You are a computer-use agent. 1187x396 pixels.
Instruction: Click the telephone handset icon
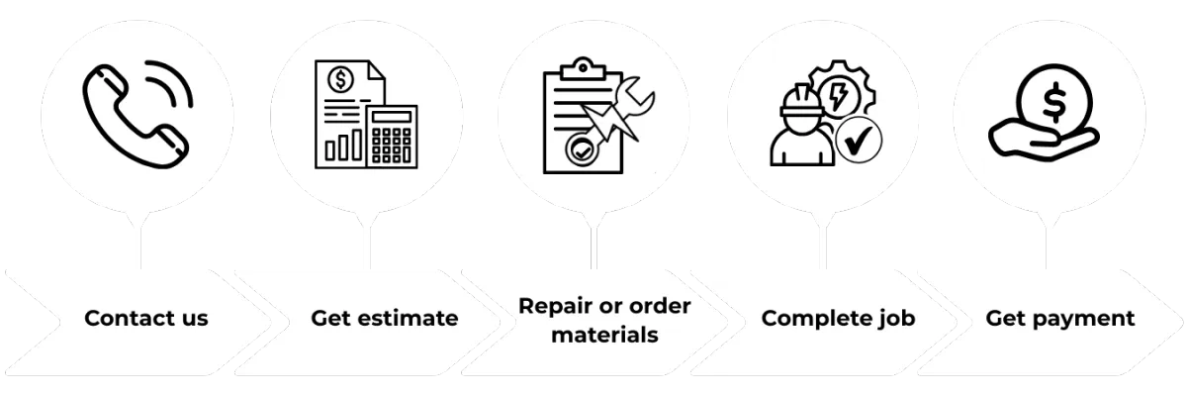(129, 111)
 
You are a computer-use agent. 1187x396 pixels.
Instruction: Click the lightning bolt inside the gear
(840, 96)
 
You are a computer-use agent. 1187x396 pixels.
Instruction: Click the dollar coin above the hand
(1050, 98)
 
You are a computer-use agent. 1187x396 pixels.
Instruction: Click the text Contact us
(145, 319)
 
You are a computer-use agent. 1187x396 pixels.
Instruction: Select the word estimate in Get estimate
(412, 319)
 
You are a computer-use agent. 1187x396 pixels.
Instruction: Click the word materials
(604, 335)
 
